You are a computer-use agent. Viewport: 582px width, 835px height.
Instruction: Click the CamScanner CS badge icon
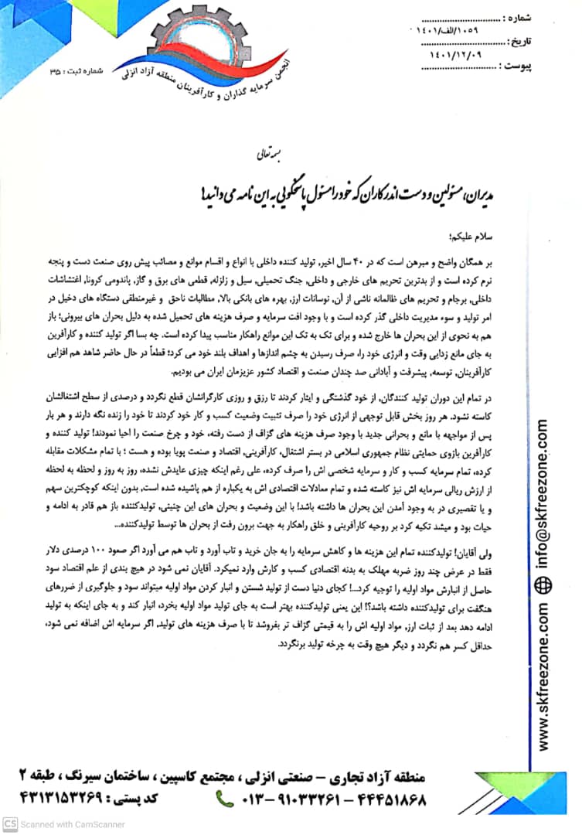click(9, 824)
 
